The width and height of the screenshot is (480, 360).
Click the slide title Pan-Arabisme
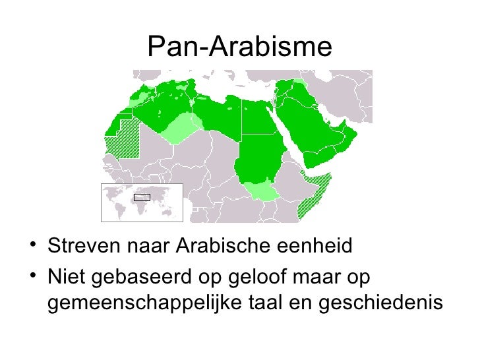[240, 46]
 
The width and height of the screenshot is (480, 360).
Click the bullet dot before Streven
[33, 247]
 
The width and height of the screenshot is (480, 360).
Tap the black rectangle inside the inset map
[142, 197]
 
